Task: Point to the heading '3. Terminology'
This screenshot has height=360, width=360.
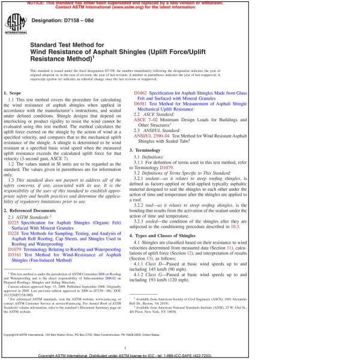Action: point(147,149)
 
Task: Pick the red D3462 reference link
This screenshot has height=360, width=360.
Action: point(139,94)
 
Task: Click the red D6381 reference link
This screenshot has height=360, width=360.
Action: point(139,104)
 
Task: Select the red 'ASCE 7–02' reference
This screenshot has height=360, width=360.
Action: point(145,120)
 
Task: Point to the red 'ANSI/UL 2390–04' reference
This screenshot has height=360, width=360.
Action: point(152,136)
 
